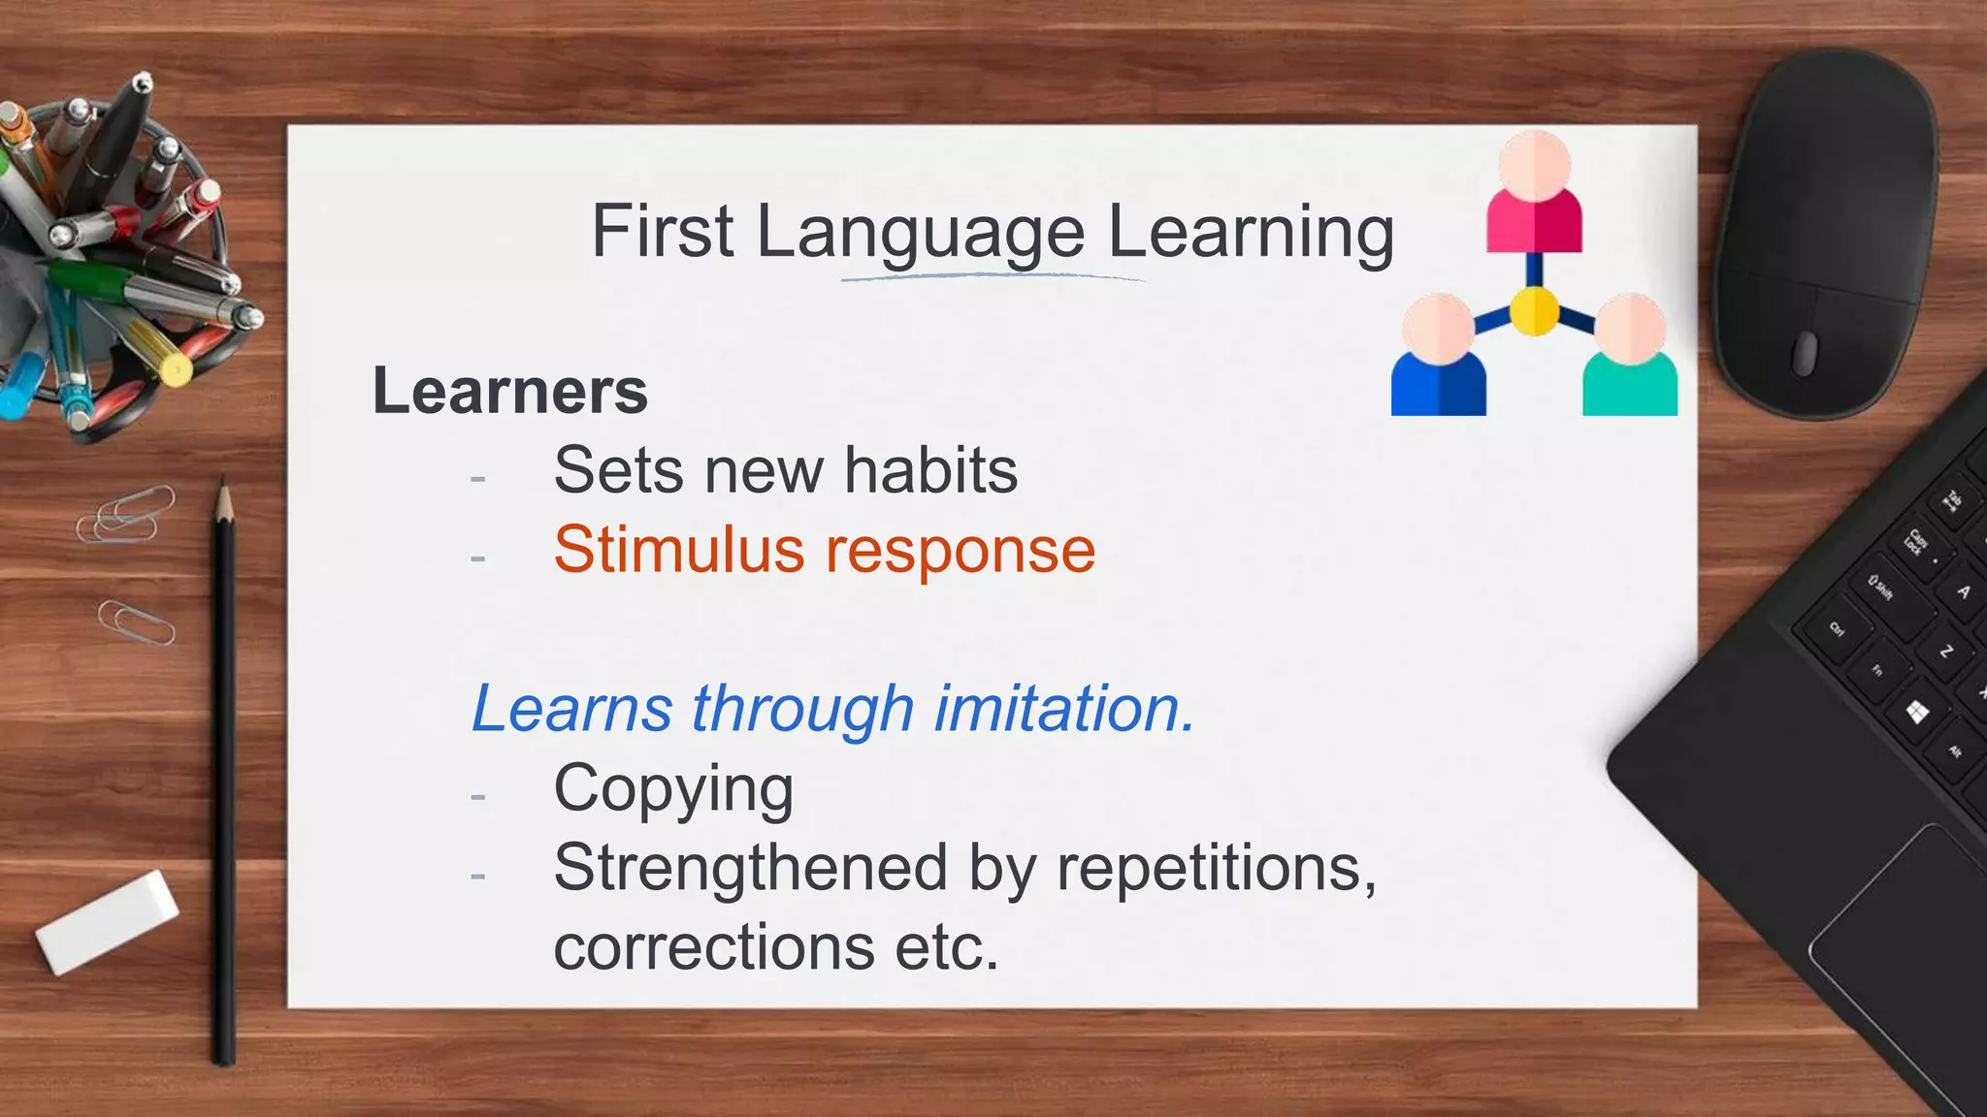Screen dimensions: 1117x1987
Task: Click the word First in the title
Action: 662,233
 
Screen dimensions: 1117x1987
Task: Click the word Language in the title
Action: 920,235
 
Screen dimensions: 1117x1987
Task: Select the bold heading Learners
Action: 510,392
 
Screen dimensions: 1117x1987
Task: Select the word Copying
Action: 673,789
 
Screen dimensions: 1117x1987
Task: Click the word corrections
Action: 714,946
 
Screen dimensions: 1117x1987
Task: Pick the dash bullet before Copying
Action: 477,796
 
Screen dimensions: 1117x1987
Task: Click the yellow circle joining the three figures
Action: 1534,311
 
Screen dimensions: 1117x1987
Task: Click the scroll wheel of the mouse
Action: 1804,353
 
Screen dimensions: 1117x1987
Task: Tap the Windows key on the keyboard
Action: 1916,714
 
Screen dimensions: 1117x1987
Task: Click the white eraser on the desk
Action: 108,921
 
